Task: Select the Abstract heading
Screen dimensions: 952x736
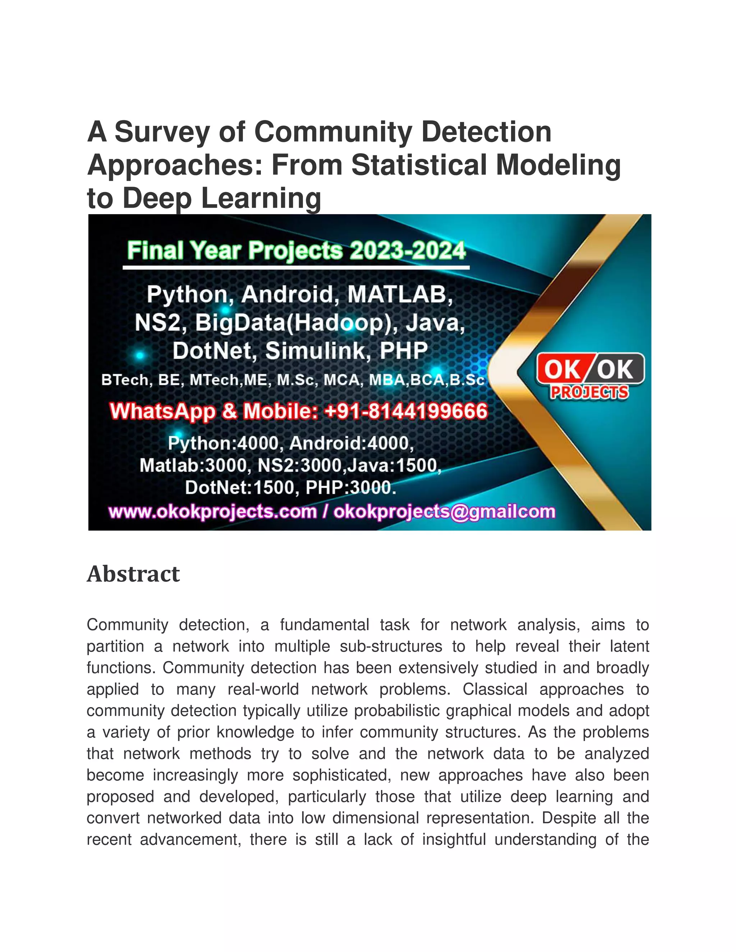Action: (x=133, y=574)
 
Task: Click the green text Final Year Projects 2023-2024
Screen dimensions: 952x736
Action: (x=296, y=251)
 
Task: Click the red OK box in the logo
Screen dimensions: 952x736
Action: (x=562, y=370)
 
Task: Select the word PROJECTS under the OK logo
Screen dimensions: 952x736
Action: (x=589, y=392)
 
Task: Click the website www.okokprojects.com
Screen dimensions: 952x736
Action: (x=212, y=512)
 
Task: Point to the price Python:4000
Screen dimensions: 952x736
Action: (x=223, y=443)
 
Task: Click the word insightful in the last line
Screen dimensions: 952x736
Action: (x=454, y=839)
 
